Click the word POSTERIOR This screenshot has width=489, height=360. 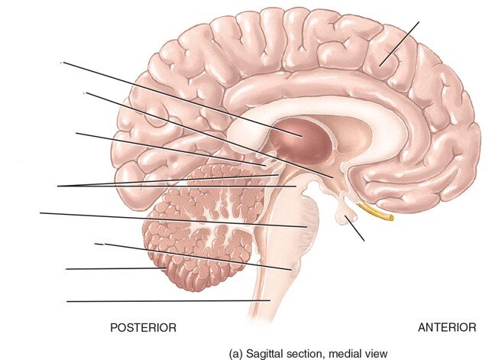click(x=143, y=328)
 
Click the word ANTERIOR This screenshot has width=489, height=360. click(x=447, y=328)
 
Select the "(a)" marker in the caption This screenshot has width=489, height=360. click(x=236, y=354)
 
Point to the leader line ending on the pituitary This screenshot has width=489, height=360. click(x=355, y=228)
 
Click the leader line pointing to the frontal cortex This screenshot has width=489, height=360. click(x=399, y=44)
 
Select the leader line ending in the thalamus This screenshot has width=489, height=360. click(x=183, y=99)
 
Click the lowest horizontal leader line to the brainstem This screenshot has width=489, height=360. click(x=168, y=301)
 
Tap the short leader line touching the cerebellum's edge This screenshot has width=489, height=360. click(x=116, y=268)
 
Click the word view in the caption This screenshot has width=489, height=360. click(x=377, y=354)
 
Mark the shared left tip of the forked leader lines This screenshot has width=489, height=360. click(x=58, y=186)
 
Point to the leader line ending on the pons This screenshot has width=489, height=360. click(x=173, y=220)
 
